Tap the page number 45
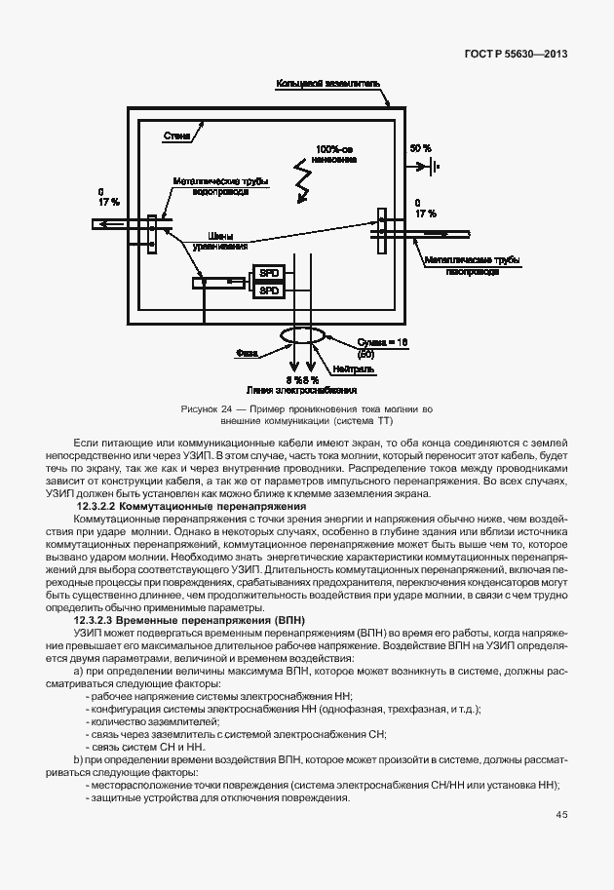click(562, 815)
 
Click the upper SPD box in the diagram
click(269, 272)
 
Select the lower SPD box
click(269, 290)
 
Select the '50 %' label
click(420, 148)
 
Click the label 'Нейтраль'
click(349, 370)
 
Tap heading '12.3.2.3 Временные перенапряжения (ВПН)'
click(190, 621)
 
